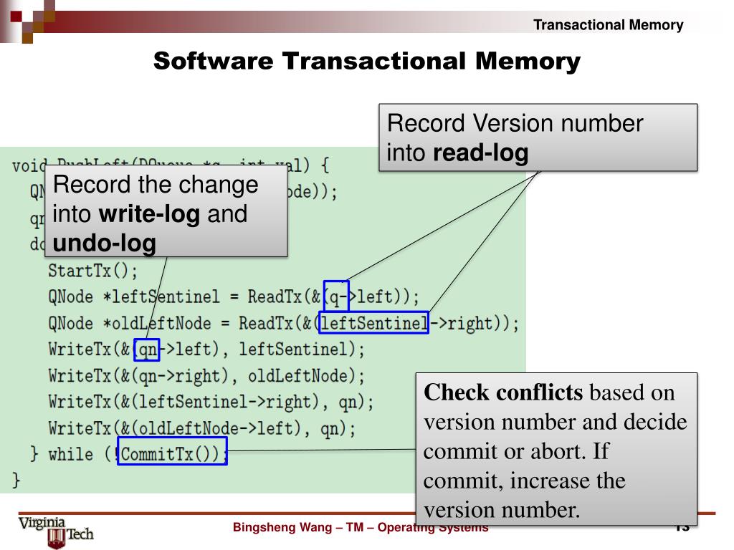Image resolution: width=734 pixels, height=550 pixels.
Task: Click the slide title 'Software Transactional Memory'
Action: (366, 62)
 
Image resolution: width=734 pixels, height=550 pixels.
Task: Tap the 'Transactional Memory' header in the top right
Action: (609, 25)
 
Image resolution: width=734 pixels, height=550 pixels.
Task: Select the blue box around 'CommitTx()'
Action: (172, 451)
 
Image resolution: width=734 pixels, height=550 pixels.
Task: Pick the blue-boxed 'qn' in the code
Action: (146, 350)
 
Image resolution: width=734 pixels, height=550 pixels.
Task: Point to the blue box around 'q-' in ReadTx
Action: (336, 294)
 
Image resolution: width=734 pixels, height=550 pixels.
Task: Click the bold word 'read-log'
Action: (482, 153)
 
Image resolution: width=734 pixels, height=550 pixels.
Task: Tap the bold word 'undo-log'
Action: (104, 243)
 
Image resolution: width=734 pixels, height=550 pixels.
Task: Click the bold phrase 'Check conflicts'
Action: (503, 393)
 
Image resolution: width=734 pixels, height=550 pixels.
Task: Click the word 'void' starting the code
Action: (26, 166)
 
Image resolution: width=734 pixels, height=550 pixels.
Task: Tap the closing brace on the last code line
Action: (16, 479)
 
